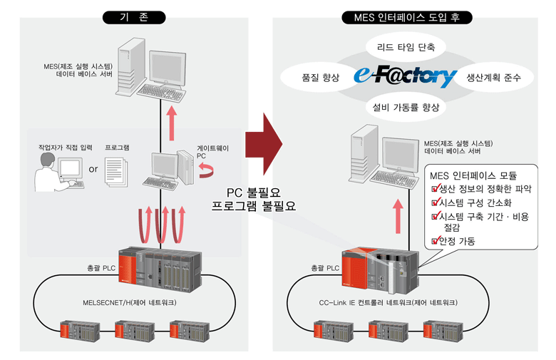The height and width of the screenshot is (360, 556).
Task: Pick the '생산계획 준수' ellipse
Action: pos(495,77)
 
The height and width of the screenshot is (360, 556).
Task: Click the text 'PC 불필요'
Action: pos(254,192)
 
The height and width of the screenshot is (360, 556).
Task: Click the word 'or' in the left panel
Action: pos(93,170)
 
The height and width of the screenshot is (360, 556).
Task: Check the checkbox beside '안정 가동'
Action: pos(435,242)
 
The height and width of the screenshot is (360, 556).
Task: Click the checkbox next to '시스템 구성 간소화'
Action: pos(435,202)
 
